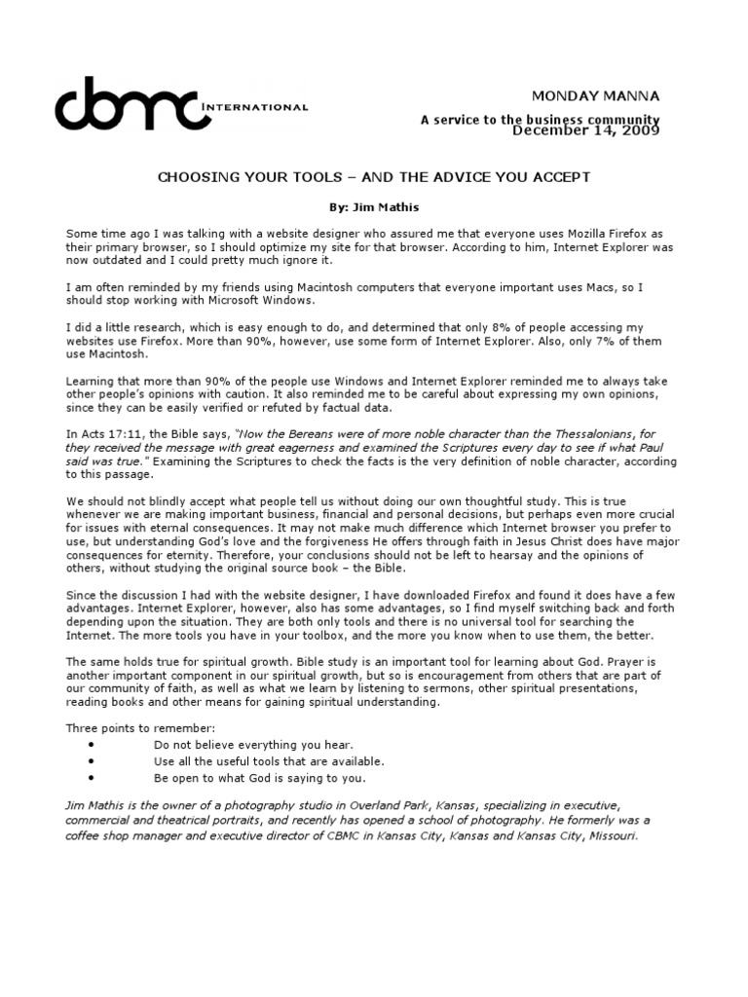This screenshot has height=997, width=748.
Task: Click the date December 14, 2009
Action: tap(586, 130)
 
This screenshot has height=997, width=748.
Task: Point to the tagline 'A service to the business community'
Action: tap(541, 120)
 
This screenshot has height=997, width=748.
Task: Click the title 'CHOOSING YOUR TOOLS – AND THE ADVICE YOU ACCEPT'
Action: tap(373, 178)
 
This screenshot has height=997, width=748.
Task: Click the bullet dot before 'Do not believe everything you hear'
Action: tap(90, 744)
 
